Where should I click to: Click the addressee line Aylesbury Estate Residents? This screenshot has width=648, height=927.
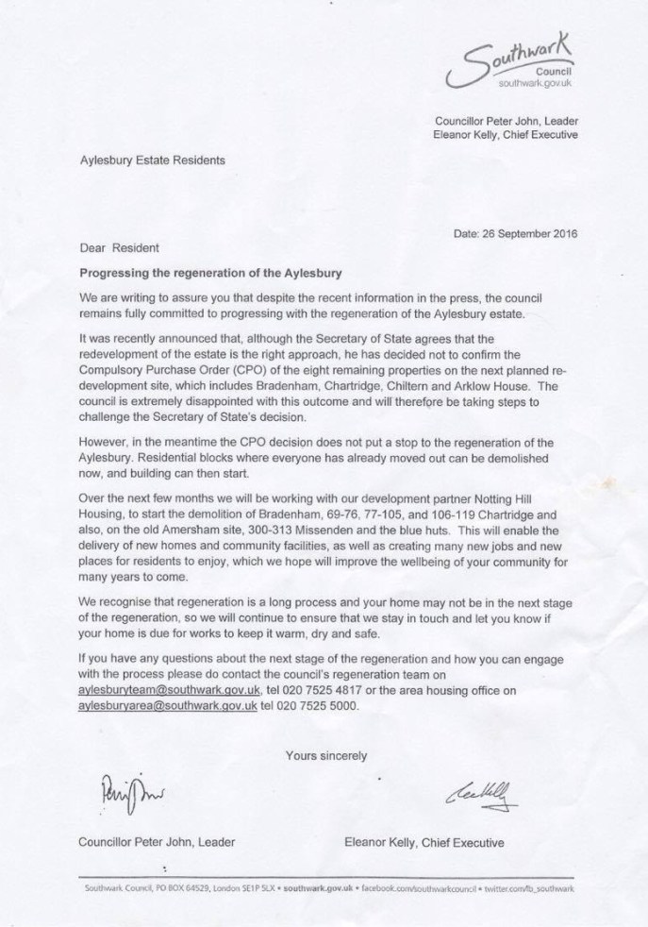152,160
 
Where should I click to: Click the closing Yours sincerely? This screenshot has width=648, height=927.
324,753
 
